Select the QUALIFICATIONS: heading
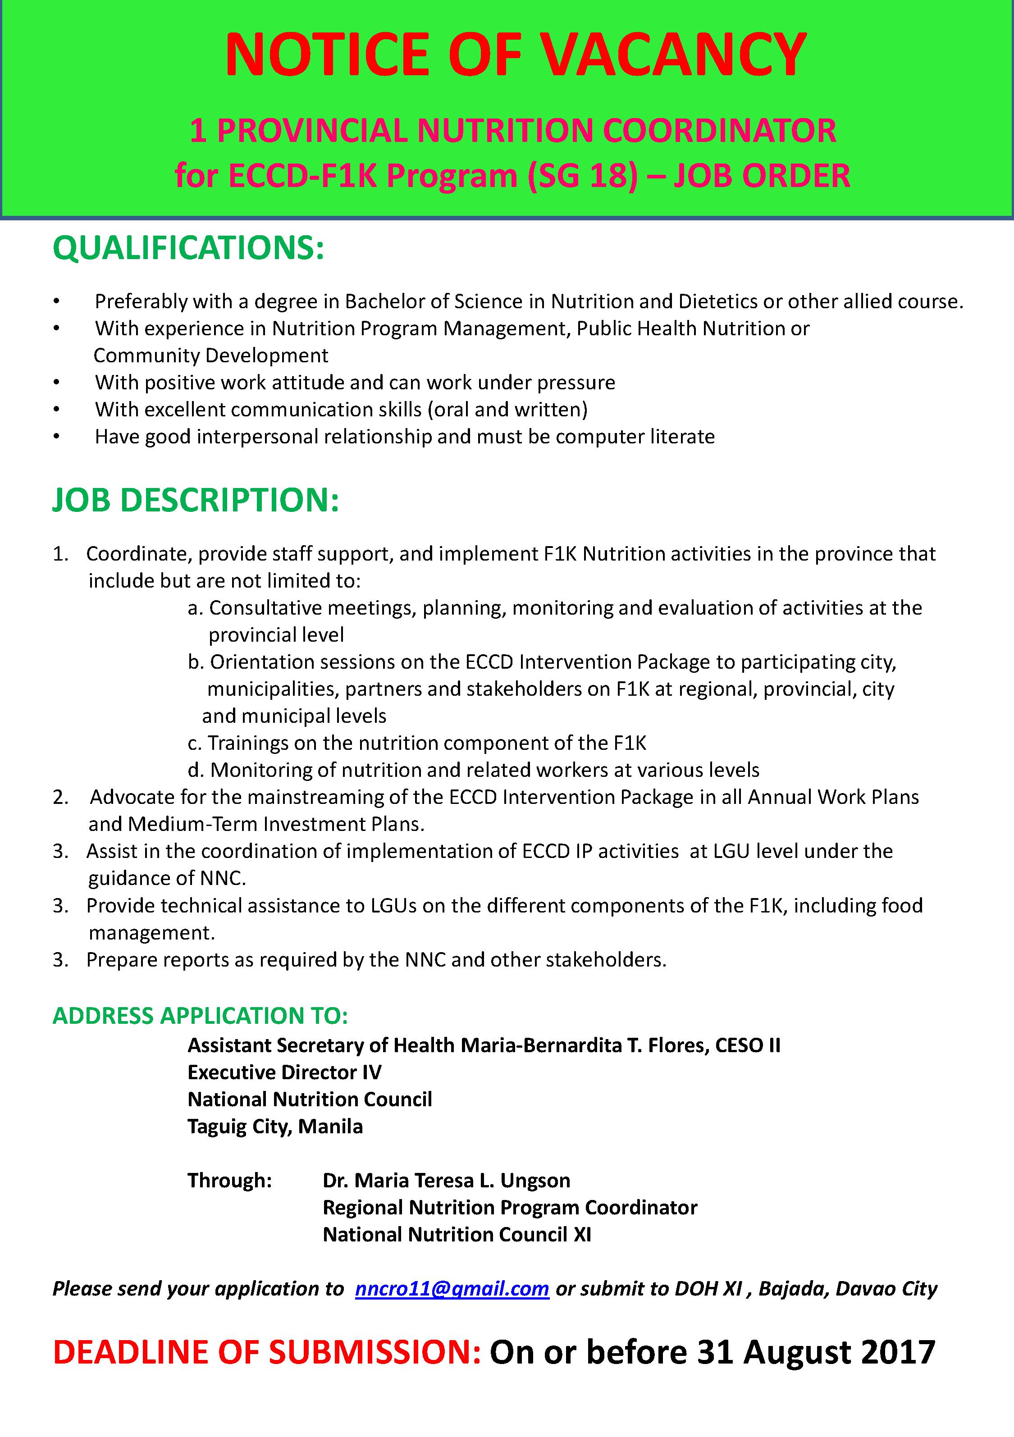click(x=188, y=248)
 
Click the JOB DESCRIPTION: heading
click(x=195, y=500)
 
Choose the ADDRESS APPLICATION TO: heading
click(x=200, y=1016)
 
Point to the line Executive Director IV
click(x=284, y=1073)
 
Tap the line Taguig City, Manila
click(x=275, y=1127)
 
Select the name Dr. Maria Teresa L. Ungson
click(x=446, y=1181)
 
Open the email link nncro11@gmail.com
click(x=452, y=1289)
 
